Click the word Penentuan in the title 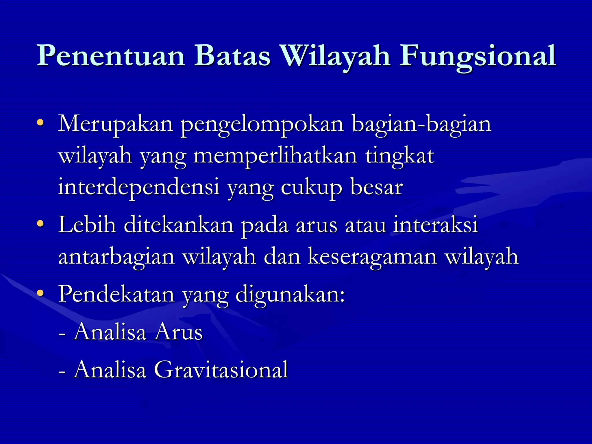[111, 56]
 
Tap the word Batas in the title [232, 55]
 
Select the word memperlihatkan [275, 156]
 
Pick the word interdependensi [139, 187]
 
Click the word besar [377, 187]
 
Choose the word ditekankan [179, 225]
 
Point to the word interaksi [436, 225]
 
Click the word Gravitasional [221, 369]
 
